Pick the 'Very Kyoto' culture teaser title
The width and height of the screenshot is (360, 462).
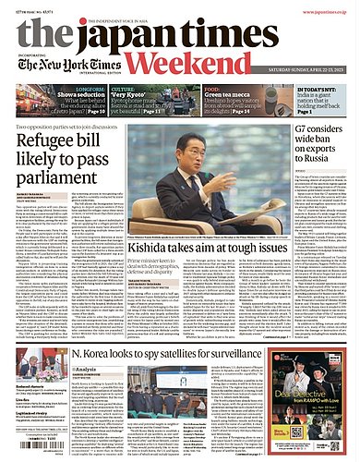(161, 93)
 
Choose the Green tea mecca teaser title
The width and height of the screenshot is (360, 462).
(229, 93)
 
